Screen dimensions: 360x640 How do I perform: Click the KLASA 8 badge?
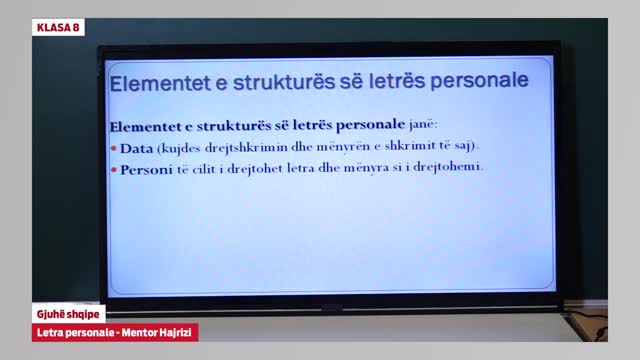click(58, 27)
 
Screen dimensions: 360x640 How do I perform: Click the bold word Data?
click(136, 148)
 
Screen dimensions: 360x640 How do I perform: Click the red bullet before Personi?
click(114, 168)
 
